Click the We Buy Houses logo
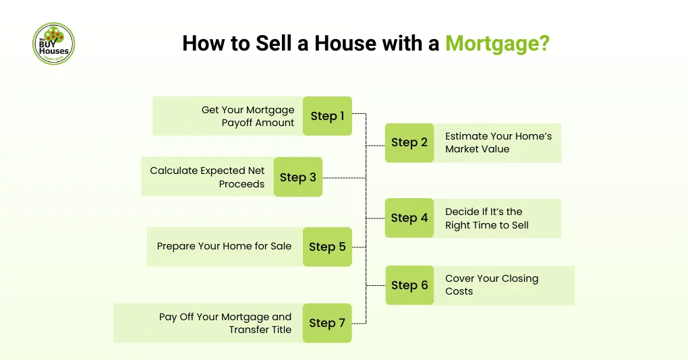pyautogui.click(x=53, y=44)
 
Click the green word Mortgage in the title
pyautogui.click(x=497, y=44)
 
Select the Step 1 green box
pyautogui.click(x=327, y=116)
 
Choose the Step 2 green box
pyautogui.click(x=409, y=142)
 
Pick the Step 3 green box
pyautogui.click(x=298, y=177)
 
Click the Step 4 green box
pyautogui.click(x=409, y=218)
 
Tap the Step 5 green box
pyautogui.click(x=327, y=247)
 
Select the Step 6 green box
pyautogui.click(x=409, y=285)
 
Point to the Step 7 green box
pyautogui.click(x=327, y=323)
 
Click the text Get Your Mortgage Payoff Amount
pyautogui.click(x=248, y=116)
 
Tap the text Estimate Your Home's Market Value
pyautogui.click(x=498, y=142)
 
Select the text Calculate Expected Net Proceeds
pyautogui.click(x=207, y=177)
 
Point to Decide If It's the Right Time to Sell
pyautogui.click(x=487, y=218)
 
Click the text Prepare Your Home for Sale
pyautogui.click(x=224, y=246)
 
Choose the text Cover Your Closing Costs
pyautogui.click(x=492, y=285)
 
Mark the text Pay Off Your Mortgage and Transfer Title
pyautogui.click(x=225, y=323)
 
